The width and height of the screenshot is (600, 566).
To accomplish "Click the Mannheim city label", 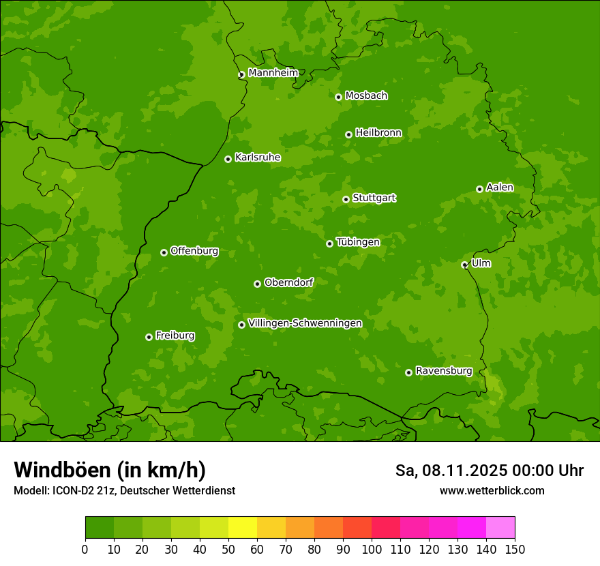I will pos(273,73).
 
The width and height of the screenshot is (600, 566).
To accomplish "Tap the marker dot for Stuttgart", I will pos(346,199).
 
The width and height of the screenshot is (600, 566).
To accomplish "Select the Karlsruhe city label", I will pos(257,158).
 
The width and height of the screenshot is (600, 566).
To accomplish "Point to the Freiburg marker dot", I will pos(149,337).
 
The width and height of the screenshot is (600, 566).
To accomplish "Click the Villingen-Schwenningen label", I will pos(305,323).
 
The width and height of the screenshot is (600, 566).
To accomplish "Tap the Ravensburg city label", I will pos(443,371).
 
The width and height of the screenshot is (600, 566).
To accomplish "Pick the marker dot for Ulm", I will pos(464,265).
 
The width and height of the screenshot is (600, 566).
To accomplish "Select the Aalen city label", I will pos(499,188).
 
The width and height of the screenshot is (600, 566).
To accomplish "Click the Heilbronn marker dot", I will pos(348,134).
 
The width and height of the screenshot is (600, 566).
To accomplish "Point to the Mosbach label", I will pos(365,96).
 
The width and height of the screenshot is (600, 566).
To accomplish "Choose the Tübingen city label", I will pos(357,242).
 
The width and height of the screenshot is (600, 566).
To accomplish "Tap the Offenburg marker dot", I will pos(164,252).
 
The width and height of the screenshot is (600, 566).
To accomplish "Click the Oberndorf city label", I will pos(288,282).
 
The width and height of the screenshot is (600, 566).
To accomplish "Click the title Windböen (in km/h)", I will pos(110,470).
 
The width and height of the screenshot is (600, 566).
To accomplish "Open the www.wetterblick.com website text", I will pos(492,490).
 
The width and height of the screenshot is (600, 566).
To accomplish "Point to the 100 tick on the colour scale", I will pos(372,549).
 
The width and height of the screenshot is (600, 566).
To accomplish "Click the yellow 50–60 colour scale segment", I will pos(243,528).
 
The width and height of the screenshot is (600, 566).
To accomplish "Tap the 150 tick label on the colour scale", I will pos(515,549).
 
